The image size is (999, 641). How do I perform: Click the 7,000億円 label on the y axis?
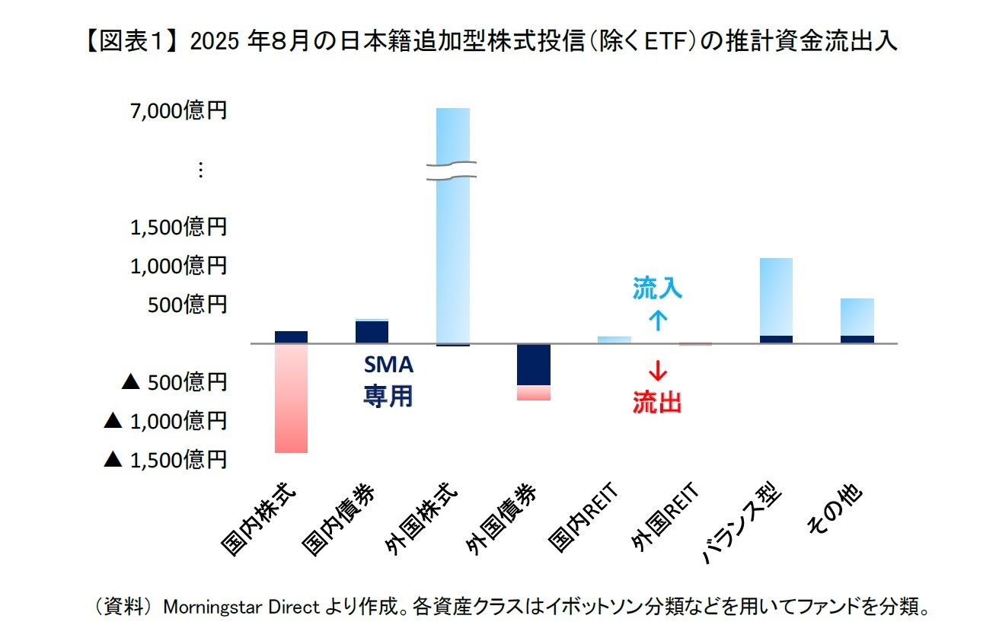178,111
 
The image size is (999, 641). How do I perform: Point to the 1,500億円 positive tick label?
178,227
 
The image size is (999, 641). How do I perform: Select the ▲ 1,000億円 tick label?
165,421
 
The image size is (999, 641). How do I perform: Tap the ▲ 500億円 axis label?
174,382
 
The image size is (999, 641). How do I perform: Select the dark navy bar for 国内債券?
372,332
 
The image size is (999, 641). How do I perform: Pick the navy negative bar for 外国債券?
533,365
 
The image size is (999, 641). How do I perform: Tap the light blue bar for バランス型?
776,297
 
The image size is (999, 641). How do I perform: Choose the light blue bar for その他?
857,317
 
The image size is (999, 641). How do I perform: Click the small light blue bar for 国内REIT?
614,340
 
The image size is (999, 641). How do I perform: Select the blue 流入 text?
657,289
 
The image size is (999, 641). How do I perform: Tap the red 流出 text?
657,402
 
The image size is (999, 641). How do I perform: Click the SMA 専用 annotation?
388,381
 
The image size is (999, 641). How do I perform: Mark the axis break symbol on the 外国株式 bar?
452,171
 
